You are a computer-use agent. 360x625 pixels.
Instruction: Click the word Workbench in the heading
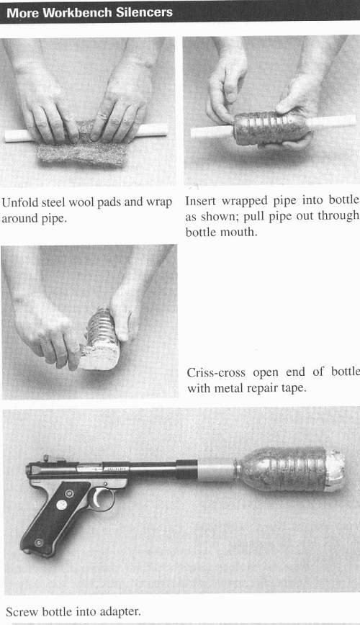tap(77, 12)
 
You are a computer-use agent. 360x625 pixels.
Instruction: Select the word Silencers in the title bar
tap(144, 12)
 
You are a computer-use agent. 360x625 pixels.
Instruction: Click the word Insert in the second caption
tap(202, 200)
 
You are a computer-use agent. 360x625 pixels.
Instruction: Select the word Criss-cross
tap(216, 372)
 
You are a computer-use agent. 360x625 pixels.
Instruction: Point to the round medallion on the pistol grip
tap(61, 505)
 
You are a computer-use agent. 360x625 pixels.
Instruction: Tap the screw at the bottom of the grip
tap(39, 542)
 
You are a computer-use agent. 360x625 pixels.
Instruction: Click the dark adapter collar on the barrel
tap(186, 469)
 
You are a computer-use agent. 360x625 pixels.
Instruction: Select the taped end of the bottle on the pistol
tap(334, 470)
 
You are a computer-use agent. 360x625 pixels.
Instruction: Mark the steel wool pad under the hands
tap(83, 148)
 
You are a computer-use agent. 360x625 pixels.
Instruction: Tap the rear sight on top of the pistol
tap(46, 458)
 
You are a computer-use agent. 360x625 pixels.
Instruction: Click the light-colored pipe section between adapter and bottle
tap(216, 470)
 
